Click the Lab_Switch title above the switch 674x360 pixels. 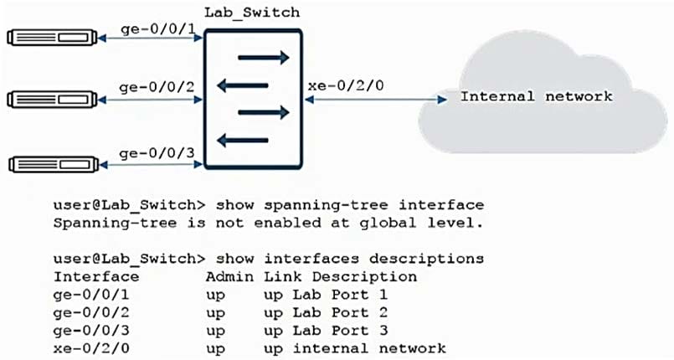[252, 13]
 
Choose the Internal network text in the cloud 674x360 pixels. [537, 96]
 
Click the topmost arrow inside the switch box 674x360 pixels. [264, 58]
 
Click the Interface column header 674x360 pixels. [96, 275]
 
